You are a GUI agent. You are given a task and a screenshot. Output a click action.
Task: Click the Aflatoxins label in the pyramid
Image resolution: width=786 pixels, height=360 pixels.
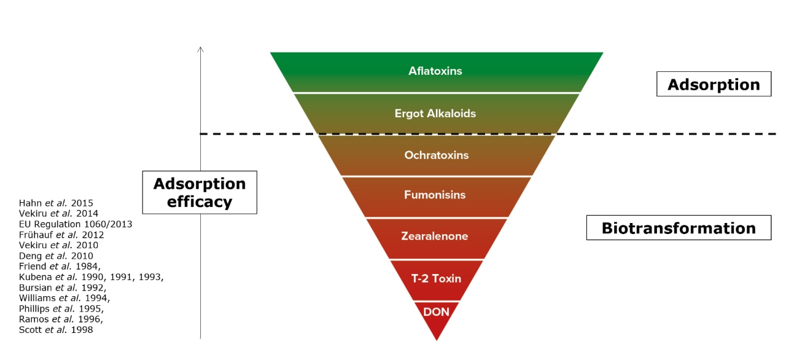click(x=435, y=71)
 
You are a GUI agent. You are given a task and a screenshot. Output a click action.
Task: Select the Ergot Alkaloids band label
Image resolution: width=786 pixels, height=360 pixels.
click(x=435, y=114)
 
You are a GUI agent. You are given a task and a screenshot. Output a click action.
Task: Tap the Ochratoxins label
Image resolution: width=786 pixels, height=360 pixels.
click(x=436, y=155)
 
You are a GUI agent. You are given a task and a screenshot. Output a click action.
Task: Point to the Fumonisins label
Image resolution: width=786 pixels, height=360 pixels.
click(x=435, y=195)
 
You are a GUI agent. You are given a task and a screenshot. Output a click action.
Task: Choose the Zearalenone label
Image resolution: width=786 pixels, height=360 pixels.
click(x=435, y=237)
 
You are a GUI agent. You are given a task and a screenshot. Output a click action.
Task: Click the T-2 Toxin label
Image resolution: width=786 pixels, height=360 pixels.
click(x=436, y=278)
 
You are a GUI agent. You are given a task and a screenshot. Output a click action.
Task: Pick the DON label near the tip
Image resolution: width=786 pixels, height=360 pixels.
click(x=436, y=312)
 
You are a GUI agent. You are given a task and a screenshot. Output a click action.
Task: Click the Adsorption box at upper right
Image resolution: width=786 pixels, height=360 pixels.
click(x=714, y=85)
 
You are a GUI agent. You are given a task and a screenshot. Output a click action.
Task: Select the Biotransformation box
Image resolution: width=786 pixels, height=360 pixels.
click(x=679, y=228)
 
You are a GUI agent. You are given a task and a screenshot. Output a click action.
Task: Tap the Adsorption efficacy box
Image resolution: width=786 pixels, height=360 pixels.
click(x=199, y=192)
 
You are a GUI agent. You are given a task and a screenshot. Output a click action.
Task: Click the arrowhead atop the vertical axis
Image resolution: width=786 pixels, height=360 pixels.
click(x=200, y=49)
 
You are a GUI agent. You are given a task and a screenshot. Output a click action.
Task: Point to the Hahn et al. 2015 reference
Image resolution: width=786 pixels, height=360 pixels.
click(x=56, y=203)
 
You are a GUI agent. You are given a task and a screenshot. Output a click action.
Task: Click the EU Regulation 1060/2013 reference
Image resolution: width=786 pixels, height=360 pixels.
click(x=75, y=224)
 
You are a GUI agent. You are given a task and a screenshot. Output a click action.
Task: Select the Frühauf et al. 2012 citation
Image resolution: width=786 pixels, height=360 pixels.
click(x=61, y=235)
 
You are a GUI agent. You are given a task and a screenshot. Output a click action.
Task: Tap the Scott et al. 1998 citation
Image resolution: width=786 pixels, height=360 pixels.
click(x=56, y=330)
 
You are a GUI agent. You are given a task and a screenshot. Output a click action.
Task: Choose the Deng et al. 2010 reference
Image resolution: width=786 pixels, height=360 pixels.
click(x=56, y=256)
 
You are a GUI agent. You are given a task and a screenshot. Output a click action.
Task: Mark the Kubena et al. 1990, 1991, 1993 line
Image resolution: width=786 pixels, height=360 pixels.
click(x=91, y=277)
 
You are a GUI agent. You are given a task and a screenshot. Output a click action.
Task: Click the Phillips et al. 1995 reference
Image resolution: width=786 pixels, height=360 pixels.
click(x=61, y=308)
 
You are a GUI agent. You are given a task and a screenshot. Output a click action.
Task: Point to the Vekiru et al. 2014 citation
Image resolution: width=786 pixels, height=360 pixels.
click(x=58, y=213)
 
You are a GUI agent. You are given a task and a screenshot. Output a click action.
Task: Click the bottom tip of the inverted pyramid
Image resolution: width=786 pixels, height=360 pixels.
click(x=437, y=339)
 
